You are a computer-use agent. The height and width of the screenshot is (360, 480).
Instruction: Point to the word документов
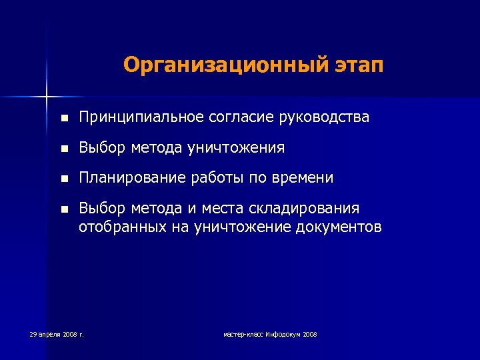click(339, 227)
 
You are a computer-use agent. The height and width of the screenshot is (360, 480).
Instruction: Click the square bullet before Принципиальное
click(63, 118)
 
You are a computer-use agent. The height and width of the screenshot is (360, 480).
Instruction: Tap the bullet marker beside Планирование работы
click(63, 179)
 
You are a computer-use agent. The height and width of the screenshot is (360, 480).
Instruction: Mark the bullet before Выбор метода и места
click(63, 209)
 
